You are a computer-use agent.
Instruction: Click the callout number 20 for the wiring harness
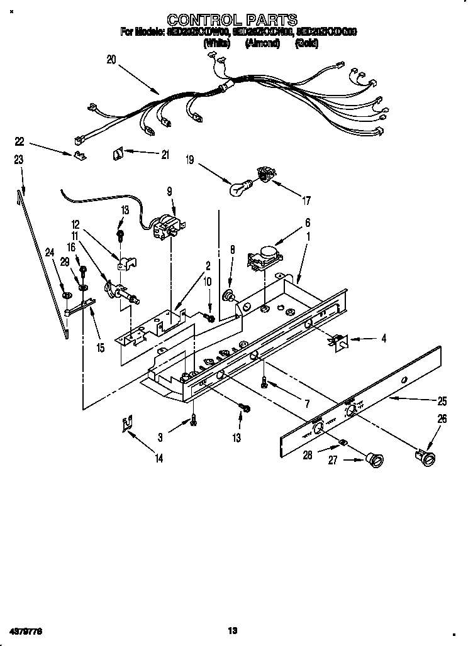pyautogui.click(x=111, y=60)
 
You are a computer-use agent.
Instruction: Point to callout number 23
pyautogui.click(x=18, y=160)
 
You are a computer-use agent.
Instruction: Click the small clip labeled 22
pyautogui.click(x=79, y=155)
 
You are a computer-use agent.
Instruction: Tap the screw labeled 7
pyautogui.click(x=265, y=383)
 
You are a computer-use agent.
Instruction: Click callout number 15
pyautogui.click(x=100, y=347)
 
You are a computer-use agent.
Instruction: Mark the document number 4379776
pyautogui.click(x=25, y=630)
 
